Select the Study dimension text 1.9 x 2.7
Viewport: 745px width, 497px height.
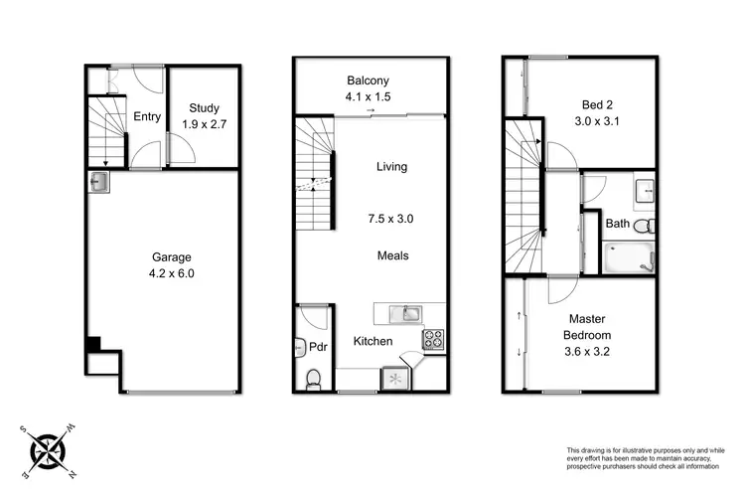[x=207, y=125]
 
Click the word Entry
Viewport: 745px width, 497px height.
[x=147, y=117]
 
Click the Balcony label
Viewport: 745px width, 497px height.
[x=368, y=81]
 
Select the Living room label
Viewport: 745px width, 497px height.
[x=391, y=167]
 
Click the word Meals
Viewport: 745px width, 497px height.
[x=392, y=255]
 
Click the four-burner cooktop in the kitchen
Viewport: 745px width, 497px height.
[x=434, y=339]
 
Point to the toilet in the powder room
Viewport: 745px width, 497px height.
[x=313, y=378]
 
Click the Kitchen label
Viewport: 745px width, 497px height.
[x=373, y=342]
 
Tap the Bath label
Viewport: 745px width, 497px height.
[x=617, y=224]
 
